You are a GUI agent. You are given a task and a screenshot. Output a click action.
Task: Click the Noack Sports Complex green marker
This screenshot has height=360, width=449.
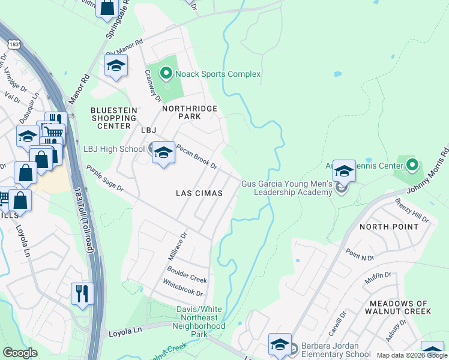[x=166, y=74]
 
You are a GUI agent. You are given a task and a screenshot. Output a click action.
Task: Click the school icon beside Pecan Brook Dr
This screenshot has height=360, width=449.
[x=162, y=153]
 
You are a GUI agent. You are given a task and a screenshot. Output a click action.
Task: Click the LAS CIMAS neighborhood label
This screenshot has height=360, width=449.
[x=199, y=193]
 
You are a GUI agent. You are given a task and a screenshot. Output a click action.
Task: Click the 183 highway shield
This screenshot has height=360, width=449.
[x=13, y=44]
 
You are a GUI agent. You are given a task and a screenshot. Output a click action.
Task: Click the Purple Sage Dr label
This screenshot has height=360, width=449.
[x=104, y=179]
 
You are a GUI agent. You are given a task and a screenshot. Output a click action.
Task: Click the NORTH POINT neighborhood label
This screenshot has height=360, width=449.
[x=389, y=227]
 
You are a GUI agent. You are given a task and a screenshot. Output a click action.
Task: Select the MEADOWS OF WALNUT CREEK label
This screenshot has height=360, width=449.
[x=400, y=307]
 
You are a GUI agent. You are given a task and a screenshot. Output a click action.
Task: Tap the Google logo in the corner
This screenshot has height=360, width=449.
[x=20, y=353]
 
